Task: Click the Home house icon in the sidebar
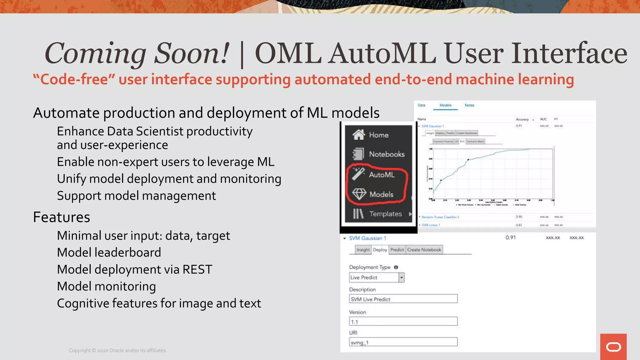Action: point(359,135)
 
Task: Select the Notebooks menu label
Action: point(387,154)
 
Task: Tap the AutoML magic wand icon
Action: point(358,174)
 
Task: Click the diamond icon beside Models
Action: point(359,194)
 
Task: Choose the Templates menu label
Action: point(385,214)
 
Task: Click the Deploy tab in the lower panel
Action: point(380,250)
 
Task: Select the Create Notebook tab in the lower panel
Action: point(424,250)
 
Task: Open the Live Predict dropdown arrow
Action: point(402,277)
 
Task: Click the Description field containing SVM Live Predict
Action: point(403,299)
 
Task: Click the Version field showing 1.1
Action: point(403,321)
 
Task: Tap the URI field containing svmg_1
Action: point(403,342)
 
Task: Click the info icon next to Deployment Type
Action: point(396,267)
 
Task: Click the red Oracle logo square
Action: point(613,347)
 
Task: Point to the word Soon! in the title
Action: point(192,53)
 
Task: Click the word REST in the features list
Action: point(197,269)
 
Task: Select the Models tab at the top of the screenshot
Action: point(445,105)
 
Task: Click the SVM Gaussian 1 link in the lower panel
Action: point(367,238)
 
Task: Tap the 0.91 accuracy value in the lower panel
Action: point(511,237)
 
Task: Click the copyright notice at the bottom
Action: point(118,350)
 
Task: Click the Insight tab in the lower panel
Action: point(363,250)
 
